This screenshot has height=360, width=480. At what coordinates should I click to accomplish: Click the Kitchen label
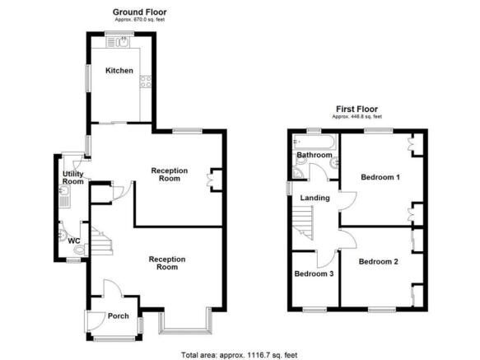pyautogui.click(x=119, y=71)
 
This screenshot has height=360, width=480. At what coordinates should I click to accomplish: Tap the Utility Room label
pyautogui.click(x=73, y=178)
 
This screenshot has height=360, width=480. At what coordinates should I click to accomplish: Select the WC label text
pyautogui.click(x=73, y=241)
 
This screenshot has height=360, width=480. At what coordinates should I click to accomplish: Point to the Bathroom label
pyautogui.click(x=314, y=155)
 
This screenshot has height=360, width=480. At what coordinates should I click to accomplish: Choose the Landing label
pyautogui.click(x=315, y=198)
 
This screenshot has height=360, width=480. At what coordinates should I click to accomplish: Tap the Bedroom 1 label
pyautogui.click(x=380, y=176)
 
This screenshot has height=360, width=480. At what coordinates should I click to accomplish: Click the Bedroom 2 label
pyautogui.click(x=378, y=261)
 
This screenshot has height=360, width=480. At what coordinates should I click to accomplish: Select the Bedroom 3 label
pyautogui.click(x=314, y=274)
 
